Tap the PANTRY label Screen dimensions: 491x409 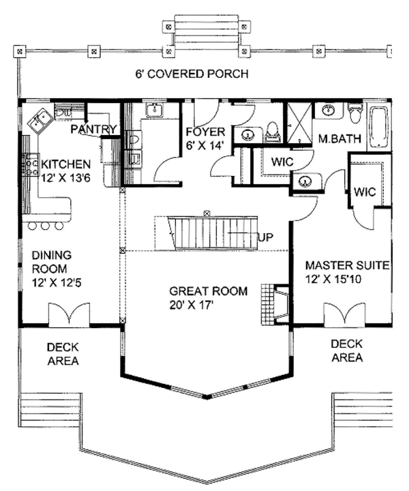(94, 129)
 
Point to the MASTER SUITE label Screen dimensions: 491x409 (347, 265)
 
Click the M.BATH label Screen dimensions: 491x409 (339, 139)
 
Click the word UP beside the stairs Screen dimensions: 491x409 (267, 237)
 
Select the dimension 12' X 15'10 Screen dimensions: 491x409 (347, 278)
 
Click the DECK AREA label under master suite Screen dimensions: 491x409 (346, 351)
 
